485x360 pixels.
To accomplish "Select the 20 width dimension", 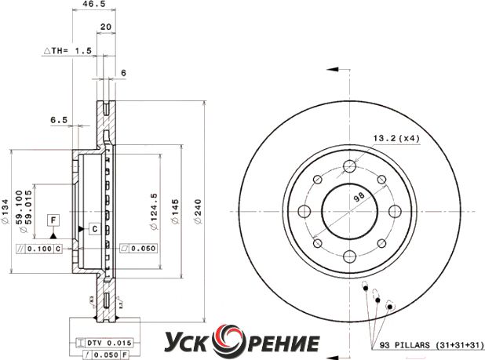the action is pyautogui.click(x=106, y=27).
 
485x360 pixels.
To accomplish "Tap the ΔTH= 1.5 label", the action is pyautogui.click(x=67, y=50).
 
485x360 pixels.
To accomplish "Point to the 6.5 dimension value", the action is pyautogui.click(x=59, y=119).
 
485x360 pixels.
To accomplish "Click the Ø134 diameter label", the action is pyautogui.click(x=5, y=211).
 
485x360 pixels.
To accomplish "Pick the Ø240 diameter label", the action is pyautogui.click(x=197, y=211).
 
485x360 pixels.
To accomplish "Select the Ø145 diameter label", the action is pyautogui.click(x=175, y=211).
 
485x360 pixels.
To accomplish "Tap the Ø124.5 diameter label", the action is pyautogui.click(x=153, y=211).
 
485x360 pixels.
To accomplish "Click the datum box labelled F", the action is pyautogui.click(x=53, y=220).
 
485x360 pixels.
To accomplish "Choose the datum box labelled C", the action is pyautogui.click(x=95, y=229).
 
